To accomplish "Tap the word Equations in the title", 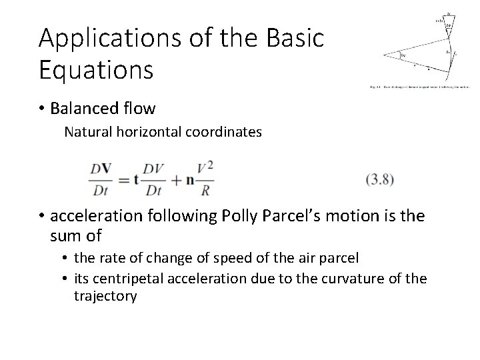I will (96, 69).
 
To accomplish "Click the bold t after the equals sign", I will (135, 179).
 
